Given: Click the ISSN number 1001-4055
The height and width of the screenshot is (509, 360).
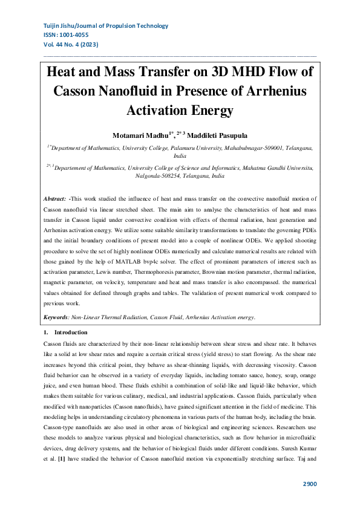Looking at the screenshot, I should [x=80, y=35].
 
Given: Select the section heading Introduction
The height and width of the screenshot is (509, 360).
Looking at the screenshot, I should [x=71, y=332].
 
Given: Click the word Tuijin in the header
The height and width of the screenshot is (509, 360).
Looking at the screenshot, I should [x=53, y=26].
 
